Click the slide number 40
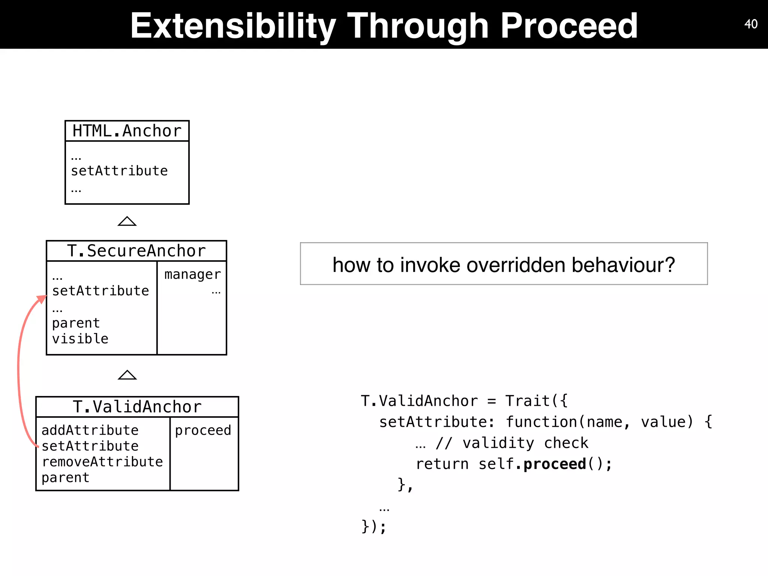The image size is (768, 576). pos(751,24)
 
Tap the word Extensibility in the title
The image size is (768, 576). pos(232,25)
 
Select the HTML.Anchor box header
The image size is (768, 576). pos(127,131)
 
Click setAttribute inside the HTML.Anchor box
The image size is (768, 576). pos(119,171)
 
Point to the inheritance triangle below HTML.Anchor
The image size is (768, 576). pos(127,222)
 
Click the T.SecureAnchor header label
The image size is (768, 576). pos(136,251)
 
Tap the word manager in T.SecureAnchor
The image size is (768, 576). pos(192,274)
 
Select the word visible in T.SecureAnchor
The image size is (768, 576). pos(80,339)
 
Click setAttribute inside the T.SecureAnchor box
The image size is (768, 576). pos(100,291)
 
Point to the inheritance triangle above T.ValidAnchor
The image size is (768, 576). pos(127,375)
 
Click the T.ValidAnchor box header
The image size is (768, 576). pos(137,407)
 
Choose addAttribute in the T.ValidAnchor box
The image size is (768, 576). pos(90,430)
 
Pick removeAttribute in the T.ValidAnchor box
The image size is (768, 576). pos(102,462)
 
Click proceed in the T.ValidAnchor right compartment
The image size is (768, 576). pos(203,430)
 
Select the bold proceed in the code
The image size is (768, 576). pos(555,464)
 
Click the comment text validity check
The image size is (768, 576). pos(525,443)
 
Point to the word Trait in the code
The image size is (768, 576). pos(527,401)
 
